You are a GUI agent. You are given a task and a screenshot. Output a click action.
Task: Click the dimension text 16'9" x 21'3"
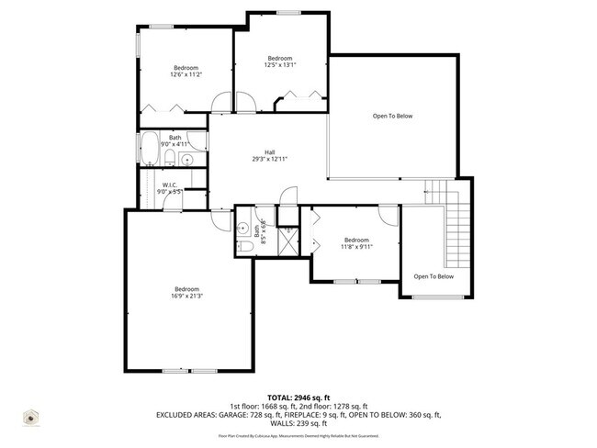[186, 296]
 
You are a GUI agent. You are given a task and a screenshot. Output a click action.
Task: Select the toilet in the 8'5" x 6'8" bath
[245, 245]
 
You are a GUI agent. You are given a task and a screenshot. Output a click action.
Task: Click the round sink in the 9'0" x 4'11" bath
[188, 160]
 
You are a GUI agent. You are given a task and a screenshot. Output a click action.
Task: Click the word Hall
[270, 152]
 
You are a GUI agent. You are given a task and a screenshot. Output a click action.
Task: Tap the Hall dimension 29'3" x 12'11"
[270, 160]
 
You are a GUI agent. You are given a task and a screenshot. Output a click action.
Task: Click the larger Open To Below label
[392, 117]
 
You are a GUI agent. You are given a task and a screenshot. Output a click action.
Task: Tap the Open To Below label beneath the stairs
[434, 275]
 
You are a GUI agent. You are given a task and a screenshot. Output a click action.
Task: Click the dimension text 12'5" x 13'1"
[279, 65]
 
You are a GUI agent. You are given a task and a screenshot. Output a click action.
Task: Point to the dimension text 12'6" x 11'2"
[186, 74]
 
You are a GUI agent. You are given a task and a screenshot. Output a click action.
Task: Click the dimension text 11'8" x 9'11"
[355, 246]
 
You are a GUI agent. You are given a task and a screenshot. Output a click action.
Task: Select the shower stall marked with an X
[287, 243]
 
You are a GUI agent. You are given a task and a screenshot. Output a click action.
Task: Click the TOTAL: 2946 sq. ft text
[298, 398]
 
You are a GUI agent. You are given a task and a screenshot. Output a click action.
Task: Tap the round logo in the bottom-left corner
[31, 419]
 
